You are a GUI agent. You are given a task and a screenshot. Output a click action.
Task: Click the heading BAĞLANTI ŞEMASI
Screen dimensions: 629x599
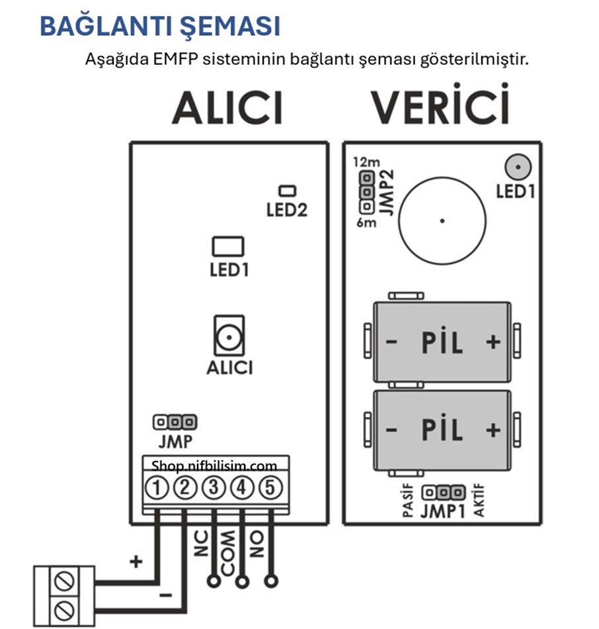[x=160, y=26]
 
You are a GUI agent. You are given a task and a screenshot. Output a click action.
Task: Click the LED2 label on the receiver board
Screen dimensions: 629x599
[x=287, y=211]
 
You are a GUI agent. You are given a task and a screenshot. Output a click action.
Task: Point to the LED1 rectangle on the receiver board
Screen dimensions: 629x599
[x=227, y=247]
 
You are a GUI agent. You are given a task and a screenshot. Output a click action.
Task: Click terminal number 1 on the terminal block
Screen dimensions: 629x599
[x=157, y=489]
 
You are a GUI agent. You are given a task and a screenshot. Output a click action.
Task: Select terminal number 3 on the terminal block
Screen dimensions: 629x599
[x=214, y=489]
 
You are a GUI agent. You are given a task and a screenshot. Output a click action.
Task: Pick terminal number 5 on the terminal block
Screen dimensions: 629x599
[x=270, y=489]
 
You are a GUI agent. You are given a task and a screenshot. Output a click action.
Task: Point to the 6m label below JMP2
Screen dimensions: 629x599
[x=366, y=222]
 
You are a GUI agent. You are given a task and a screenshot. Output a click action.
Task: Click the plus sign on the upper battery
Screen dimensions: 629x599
[x=493, y=342]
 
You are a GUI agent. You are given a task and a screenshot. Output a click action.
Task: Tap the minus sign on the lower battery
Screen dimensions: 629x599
[x=391, y=430]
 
